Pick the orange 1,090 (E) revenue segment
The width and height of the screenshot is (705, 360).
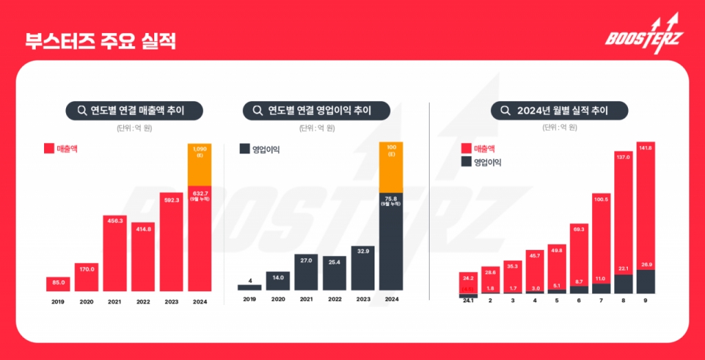pos(200,165)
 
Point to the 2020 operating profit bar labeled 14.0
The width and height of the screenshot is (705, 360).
pos(278,280)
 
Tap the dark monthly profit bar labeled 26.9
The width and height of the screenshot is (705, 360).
pos(645,281)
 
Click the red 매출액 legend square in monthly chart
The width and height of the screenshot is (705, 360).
pos(465,148)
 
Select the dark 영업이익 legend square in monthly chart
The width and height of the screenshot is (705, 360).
pos(465,162)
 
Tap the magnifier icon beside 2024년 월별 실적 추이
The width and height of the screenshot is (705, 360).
pos(505,110)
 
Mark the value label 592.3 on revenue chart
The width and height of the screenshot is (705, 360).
pos(172,200)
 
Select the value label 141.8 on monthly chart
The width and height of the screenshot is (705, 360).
pos(645,147)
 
